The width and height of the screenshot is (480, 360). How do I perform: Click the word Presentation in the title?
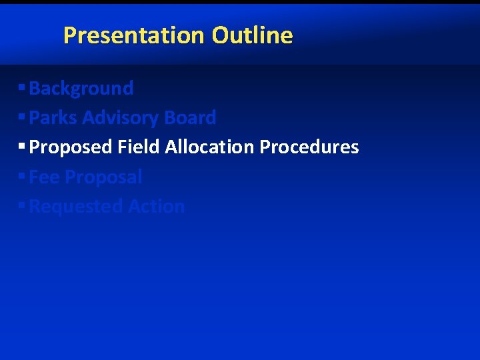[135, 35]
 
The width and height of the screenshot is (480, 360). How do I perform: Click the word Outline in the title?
[252, 35]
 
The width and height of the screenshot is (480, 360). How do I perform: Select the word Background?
[81, 88]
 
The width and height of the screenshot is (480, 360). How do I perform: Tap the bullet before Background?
[22, 87]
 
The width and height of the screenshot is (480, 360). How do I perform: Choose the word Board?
[190, 117]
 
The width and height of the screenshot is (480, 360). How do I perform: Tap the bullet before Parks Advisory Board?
[22, 117]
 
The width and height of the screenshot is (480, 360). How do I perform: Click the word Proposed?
[71, 147]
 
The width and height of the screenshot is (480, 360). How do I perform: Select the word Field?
[139, 147]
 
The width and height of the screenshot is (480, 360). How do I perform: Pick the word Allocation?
[210, 147]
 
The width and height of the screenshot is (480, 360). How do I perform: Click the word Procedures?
[309, 147]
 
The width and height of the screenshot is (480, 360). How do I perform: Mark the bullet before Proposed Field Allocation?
[22, 146]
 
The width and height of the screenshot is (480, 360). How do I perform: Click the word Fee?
[45, 177]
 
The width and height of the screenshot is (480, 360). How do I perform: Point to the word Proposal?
[104, 177]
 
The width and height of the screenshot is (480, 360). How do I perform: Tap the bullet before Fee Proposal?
[22, 176]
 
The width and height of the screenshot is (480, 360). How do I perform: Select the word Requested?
[76, 207]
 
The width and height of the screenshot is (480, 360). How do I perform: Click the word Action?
[156, 206]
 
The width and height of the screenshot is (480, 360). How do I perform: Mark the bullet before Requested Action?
[22, 205]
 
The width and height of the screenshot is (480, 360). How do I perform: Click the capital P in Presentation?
[70, 35]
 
